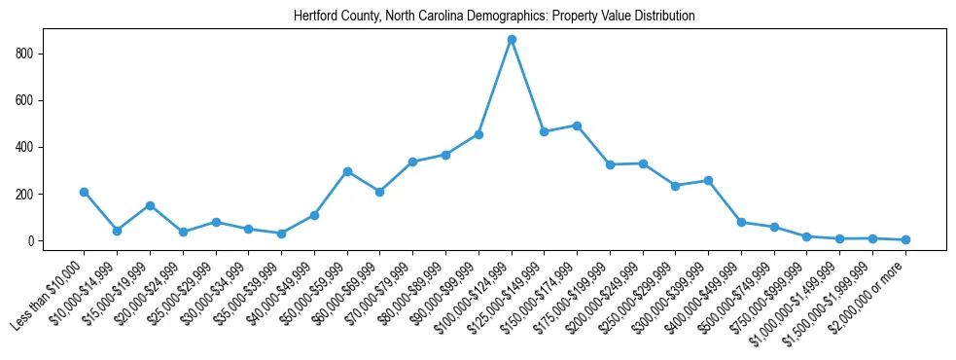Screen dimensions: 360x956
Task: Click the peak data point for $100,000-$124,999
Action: [x=512, y=39]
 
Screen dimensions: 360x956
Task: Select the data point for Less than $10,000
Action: [x=85, y=192]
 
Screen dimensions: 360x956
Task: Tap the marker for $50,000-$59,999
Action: [x=347, y=171]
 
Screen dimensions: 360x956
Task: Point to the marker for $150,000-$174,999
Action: [x=577, y=126]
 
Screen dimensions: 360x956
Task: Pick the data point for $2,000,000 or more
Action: [x=905, y=239]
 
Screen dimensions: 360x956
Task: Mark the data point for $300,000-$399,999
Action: [x=708, y=180]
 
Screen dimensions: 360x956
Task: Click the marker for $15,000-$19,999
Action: [x=150, y=205]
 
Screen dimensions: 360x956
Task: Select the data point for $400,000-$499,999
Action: [x=741, y=222]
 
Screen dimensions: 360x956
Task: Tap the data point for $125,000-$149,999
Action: [x=545, y=131]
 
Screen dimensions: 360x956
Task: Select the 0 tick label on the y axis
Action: [x=32, y=241]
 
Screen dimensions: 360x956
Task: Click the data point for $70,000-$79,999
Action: [x=412, y=162]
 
